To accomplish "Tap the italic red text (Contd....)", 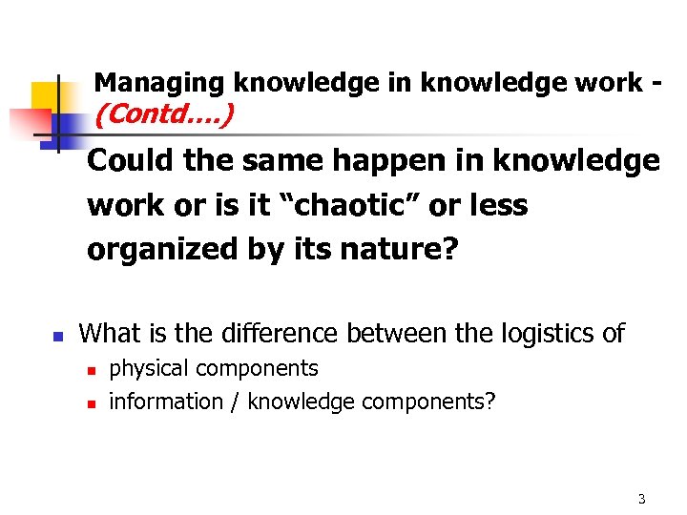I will click(x=164, y=115).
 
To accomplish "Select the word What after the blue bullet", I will click(x=110, y=333).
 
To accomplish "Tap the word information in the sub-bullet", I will click(x=165, y=402).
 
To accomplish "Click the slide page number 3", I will click(x=641, y=499).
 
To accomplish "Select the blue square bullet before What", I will click(x=57, y=336).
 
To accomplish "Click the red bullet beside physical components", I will click(x=92, y=370).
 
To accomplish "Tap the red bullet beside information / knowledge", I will click(x=92, y=403).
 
